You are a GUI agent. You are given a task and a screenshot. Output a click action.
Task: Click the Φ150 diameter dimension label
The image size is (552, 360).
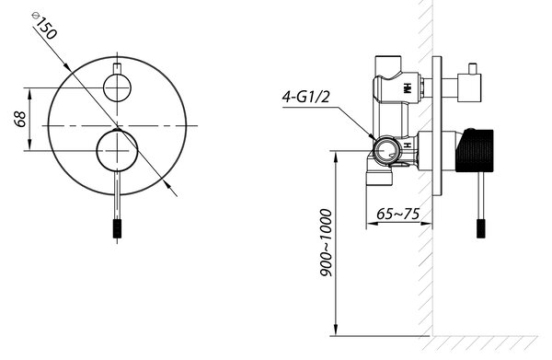(x=43, y=26)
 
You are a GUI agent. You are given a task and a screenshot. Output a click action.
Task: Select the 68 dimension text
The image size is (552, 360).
(x=20, y=119)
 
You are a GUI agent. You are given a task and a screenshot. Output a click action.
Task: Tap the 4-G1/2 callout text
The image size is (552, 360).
(x=305, y=96)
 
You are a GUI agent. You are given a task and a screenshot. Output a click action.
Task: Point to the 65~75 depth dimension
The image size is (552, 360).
(x=397, y=214)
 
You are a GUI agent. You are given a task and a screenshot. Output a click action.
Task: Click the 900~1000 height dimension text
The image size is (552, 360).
(x=327, y=243)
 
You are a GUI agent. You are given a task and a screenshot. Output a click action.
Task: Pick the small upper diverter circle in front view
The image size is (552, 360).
(x=117, y=87)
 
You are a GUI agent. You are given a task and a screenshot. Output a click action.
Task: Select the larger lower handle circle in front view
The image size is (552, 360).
(x=117, y=151)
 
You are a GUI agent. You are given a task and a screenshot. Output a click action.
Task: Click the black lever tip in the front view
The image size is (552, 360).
(x=117, y=228)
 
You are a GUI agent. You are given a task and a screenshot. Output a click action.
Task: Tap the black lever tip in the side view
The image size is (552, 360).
(x=481, y=228)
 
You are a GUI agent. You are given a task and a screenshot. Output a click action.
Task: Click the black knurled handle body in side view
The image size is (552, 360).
(x=475, y=151)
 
